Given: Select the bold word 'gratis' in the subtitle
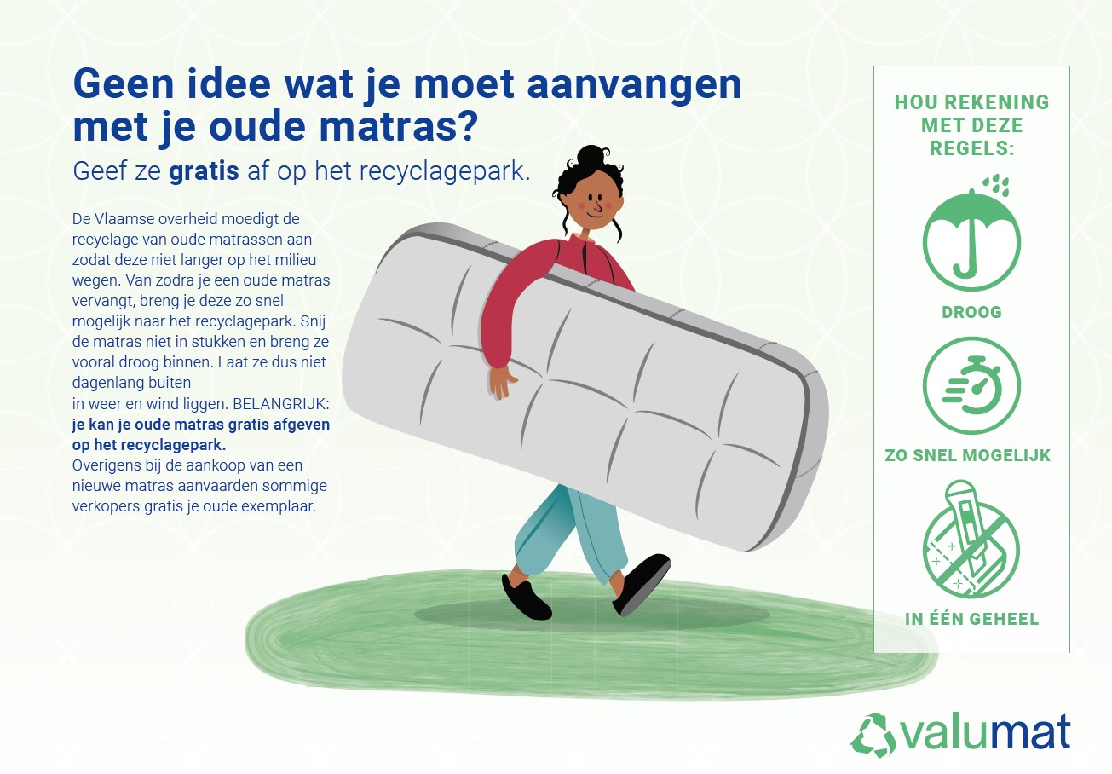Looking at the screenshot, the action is pos(204,172).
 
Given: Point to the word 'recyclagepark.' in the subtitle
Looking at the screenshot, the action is pos(445,172).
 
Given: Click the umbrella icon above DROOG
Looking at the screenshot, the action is pos(971,241).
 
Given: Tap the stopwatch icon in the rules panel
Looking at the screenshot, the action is pos(971,386).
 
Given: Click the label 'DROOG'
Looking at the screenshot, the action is pos(971,312).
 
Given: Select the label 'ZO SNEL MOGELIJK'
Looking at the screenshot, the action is pos(967,455).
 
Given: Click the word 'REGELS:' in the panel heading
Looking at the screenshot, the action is pos(971,148).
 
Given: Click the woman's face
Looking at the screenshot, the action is pos(593,200).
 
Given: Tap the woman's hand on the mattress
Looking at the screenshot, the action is pos(501,382).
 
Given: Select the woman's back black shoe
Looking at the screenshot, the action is pos(527,598).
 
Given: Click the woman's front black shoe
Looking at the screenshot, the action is pos(642,585).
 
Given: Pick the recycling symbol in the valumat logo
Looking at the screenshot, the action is pos(873,736).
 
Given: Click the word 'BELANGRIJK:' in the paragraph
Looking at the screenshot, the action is pos(280,404).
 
